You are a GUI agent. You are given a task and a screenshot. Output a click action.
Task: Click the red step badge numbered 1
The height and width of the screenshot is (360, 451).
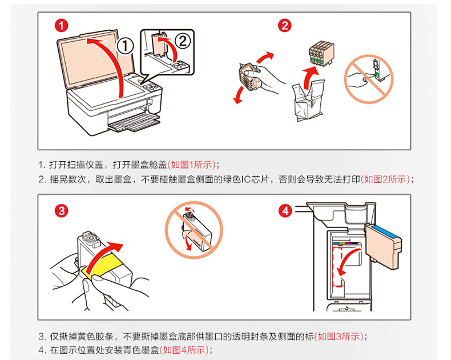coord(62,25)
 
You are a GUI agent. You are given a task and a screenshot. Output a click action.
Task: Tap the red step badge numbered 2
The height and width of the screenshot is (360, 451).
coord(285,25)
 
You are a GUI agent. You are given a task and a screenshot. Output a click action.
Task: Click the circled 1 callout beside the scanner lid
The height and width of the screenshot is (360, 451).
coord(125,45)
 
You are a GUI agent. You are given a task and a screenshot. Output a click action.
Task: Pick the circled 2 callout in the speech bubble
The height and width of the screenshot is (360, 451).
coord(182,40)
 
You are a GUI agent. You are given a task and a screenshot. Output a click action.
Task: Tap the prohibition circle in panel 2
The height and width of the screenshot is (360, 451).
coord(368,79)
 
